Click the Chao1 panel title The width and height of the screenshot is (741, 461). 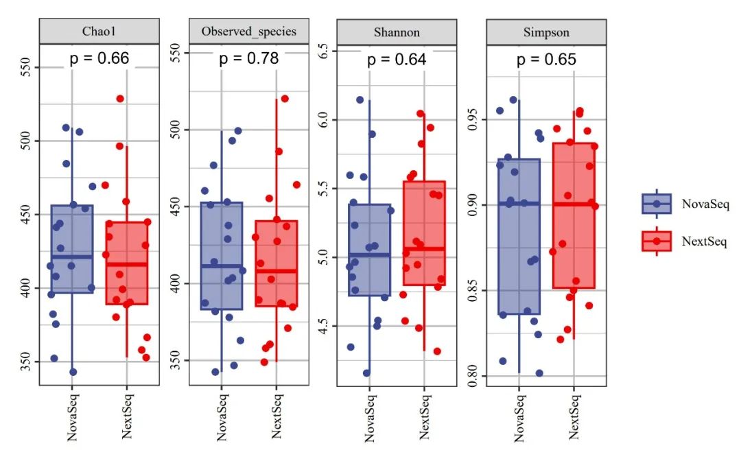[x=99, y=32]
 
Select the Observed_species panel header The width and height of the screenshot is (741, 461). [x=248, y=32]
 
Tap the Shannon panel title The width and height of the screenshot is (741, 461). [x=397, y=32]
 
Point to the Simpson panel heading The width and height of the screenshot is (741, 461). [x=546, y=32]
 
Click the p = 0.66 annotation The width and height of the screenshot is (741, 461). [x=99, y=58]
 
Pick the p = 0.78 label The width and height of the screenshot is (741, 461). [x=248, y=58]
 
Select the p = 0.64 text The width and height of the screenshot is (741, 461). [x=397, y=60]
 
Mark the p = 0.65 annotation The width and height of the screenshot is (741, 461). [x=546, y=59]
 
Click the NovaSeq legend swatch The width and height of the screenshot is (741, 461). [x=657, y=204]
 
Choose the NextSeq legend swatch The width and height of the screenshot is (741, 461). [x=657, y=241]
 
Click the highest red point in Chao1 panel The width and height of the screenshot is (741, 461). [x=120, y=99]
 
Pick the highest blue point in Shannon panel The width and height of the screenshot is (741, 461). [x=360, y=100]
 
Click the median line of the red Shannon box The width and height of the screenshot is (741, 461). [x=424, y=248]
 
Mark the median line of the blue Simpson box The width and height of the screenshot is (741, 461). [x=519, y=203]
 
